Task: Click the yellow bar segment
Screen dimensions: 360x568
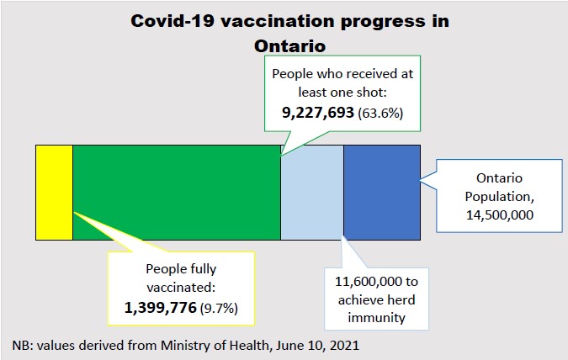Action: [54, 192]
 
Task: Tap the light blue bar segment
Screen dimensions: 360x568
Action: [311, 192]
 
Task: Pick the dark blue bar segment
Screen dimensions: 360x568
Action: [382, 192]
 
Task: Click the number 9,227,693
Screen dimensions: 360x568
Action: [316, 114]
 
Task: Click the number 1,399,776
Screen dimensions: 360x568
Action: [160, 308]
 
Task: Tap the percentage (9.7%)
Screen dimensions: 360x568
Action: [219, 309]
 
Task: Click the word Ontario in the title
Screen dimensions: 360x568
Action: [288, 43]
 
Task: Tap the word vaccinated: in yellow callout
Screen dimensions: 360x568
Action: [181, 288]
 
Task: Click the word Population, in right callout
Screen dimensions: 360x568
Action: [499, 197]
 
